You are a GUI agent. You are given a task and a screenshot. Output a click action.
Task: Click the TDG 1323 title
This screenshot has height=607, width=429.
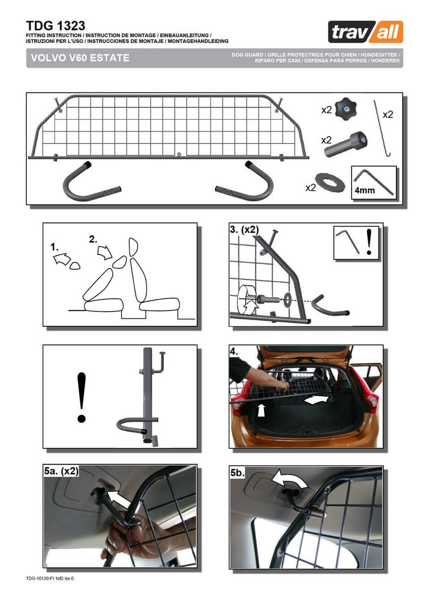pos(55,26)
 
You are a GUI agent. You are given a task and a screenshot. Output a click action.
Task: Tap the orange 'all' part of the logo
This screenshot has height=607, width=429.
pos(387,32)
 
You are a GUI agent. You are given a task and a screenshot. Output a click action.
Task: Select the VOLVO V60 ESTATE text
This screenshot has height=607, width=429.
pos(80,58)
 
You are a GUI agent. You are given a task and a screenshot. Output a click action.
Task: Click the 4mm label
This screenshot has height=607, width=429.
pos(365,190)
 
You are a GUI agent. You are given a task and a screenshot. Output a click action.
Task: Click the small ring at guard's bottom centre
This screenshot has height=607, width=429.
pos(179,155)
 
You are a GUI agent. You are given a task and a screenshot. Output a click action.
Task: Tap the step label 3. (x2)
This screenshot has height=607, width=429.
pos(244,229)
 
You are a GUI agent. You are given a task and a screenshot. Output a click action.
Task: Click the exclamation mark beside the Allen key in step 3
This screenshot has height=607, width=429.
pos(369,242)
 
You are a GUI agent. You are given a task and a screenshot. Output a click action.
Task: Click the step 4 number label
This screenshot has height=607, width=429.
pos(234,351)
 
